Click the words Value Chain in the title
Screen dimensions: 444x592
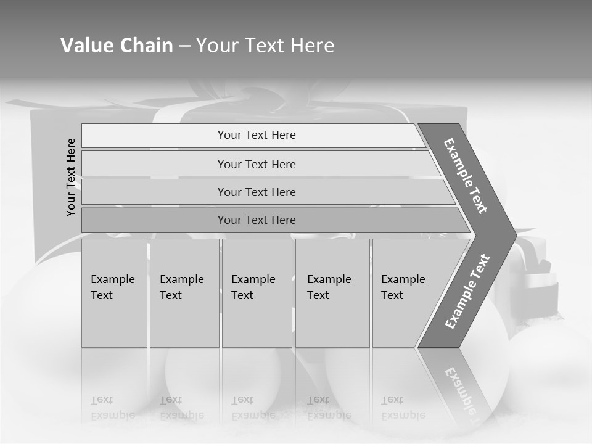[117, 46]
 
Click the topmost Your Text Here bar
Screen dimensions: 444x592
[256, 135]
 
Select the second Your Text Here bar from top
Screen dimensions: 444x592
[256, 164]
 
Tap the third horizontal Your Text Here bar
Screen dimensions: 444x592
[256, 192]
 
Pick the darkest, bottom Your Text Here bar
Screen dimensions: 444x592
[256, 220]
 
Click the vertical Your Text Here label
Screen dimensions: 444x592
[71, 178]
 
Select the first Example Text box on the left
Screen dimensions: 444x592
[114, 293]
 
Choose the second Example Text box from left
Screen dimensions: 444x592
[184, 293]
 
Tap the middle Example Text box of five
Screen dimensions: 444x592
[257, 293]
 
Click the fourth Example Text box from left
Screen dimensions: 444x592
[333, 293]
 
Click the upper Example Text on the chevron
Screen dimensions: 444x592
[466, 176]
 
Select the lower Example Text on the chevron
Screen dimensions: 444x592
[467, 292]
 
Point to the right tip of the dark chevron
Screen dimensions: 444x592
[515, 235]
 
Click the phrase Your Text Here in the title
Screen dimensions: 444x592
[265, 46]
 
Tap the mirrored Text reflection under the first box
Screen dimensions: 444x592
[102, 400]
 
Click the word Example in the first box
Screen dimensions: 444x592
[112, 279]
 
